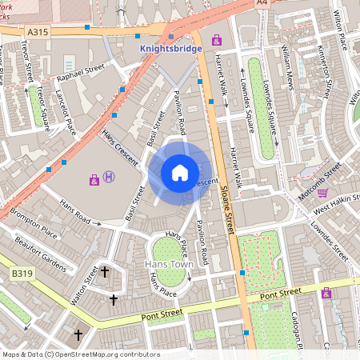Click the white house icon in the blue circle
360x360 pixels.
tap(180, 172)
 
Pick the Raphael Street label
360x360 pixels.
tap(81, 76)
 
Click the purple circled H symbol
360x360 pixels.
tap(109, 178)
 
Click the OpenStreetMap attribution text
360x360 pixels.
tap(80, 354)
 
